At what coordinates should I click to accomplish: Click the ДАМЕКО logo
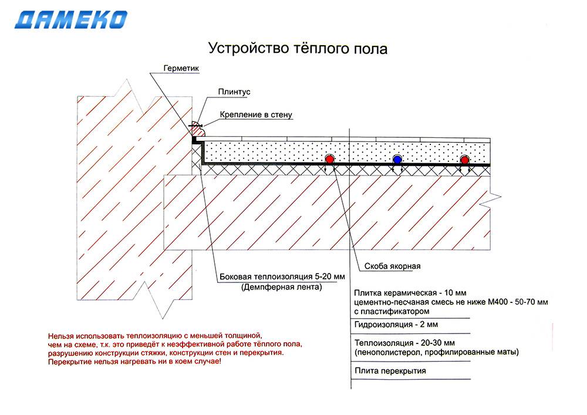coord(71,20)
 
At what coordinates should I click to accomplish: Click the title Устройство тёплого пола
coord(298,49)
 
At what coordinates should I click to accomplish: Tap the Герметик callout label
coord(181,69)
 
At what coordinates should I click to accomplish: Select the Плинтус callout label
coord(234,92)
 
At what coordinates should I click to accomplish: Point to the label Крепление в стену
coord(256,115)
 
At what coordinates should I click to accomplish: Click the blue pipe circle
coord(397,160)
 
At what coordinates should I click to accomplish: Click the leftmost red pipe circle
coord(329,159)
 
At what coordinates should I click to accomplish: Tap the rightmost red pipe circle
coord(464,160)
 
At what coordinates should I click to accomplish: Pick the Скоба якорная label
coord(392,266)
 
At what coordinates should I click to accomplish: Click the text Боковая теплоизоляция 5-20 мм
coord(282,277)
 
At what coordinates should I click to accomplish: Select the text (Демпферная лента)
coord(282,287)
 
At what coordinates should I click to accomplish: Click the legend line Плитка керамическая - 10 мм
coord(410,293)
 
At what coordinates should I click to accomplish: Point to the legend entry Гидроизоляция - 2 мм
coord(396,325)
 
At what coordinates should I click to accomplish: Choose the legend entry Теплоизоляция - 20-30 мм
coord(404,343)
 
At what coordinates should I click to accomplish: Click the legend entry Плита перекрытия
coord(390,371)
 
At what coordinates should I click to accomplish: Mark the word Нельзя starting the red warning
coord(60,336)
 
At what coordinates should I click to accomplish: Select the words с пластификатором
coord(392,311)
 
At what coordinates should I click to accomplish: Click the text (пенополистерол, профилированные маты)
coord(437,352)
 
